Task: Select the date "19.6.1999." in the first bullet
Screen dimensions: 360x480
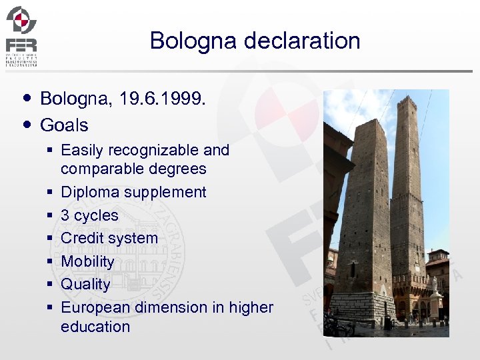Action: pos(163,99)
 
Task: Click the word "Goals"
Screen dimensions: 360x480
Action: pos(64,125)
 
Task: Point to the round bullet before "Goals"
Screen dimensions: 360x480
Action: pos(26,124)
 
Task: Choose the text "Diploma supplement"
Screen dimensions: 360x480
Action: pos(133,192)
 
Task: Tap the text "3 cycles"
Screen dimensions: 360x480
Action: pos(89,215)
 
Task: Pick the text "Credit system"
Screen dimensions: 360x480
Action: pos(109,238)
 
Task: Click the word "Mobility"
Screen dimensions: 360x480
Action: pos(87,261)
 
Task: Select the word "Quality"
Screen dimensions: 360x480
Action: pos(85,284)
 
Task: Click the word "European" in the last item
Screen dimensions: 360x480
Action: pos(95,307)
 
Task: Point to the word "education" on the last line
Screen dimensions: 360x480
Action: pos(95,327)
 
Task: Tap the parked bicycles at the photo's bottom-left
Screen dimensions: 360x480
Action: pos(337,325)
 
